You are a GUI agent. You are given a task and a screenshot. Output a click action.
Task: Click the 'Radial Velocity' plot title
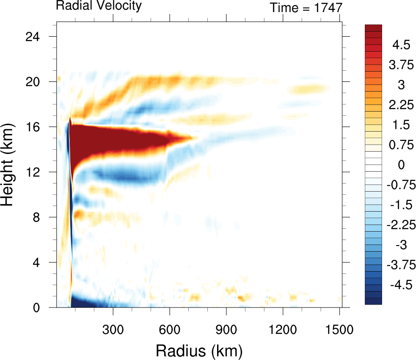point(99,6)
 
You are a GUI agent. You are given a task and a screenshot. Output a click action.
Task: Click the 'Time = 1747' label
point(306,8)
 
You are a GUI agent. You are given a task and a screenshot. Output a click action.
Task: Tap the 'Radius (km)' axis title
point(199,349)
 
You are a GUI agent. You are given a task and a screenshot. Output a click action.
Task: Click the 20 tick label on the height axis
point(37,81)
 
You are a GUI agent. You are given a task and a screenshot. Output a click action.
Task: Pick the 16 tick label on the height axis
point(37,127)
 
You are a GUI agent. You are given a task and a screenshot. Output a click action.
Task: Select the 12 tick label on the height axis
point(37,172)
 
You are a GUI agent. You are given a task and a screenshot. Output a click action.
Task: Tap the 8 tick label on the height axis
point(40,217)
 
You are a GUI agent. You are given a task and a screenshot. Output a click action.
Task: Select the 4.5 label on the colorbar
point(400,46)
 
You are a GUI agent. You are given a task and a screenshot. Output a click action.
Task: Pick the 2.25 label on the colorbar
point(400,105)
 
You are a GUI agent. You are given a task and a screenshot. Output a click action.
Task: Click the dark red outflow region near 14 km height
point(116,140)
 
